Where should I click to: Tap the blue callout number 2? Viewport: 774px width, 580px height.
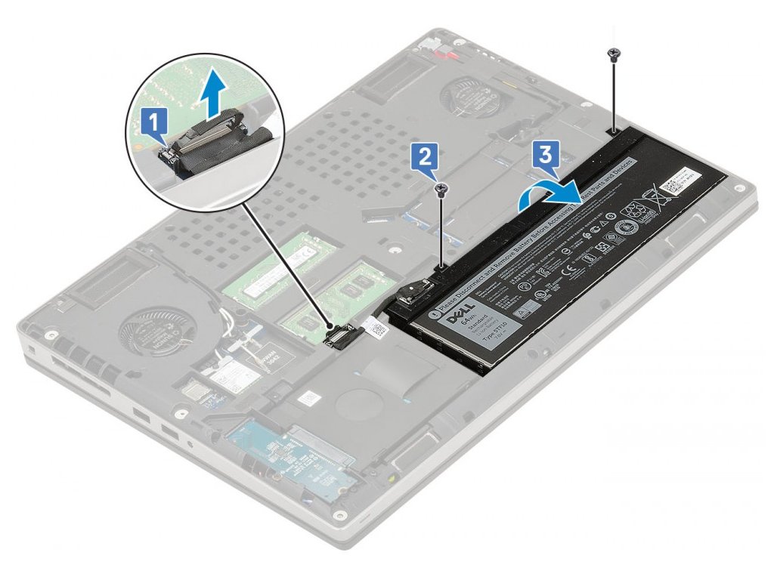click(x=424, y=159)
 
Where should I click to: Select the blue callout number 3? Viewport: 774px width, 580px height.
click(x=546, y=156)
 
